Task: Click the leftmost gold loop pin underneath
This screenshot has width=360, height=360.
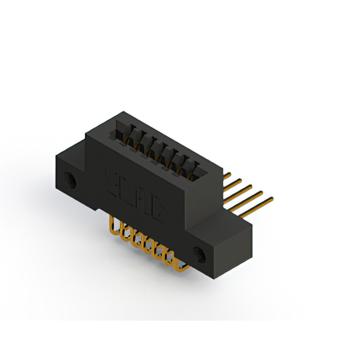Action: (115, 227)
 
